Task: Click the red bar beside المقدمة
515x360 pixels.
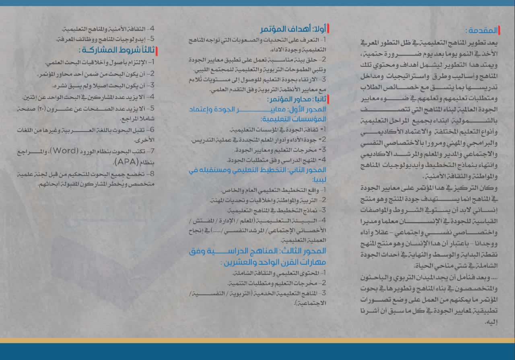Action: click(x=499, y=30)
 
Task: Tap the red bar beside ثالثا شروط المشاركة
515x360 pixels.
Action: click(x=157, y=51)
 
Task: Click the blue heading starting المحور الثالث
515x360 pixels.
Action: click(x=257, y=251)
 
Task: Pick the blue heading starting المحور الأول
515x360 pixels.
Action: click(x=257, y=109)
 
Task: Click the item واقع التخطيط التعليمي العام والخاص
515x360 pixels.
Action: click(x=274, y=190)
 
